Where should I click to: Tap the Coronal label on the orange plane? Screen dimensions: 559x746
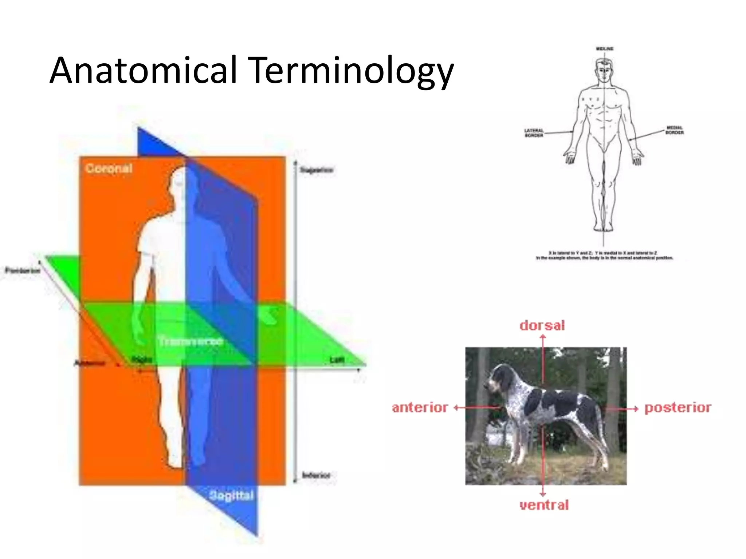[109, 169]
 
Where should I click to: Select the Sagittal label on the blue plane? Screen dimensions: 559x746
[231, 495]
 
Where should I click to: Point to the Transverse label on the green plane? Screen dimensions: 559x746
[191, 341]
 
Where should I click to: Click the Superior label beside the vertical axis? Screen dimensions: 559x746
[316, 170]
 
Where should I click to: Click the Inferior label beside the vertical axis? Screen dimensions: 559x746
[316, 475]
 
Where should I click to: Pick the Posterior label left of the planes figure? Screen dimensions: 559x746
[22, 270]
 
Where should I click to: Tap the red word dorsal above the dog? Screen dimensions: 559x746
[542, 325]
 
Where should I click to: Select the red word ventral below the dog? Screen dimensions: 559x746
[544, 505]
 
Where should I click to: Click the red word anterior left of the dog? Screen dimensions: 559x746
[420, 408]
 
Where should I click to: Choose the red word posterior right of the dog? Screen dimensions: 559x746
[678, 408]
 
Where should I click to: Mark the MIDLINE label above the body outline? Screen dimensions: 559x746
[605, 48]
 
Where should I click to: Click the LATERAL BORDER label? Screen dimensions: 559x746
[534, 133]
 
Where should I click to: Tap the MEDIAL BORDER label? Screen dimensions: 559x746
[675, 130]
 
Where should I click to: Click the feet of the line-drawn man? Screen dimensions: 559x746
[604, 228]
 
